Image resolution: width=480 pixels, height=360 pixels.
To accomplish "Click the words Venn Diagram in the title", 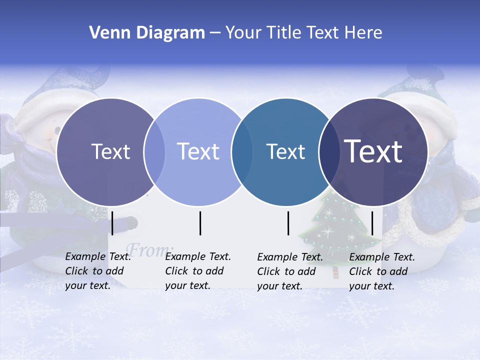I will tap(147, 33).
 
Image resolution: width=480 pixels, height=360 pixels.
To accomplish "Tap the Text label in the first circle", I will tap(111, 151).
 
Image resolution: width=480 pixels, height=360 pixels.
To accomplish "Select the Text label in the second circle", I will tap(198, 151).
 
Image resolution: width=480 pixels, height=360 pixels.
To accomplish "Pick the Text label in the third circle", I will tap(286, 151).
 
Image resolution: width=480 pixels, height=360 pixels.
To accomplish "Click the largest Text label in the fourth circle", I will tap(373, 151).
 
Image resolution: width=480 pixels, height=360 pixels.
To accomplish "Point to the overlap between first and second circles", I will tap(154, 152).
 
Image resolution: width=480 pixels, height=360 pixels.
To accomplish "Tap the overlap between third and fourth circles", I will tap(328, 152).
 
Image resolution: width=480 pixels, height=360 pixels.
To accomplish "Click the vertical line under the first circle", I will tap(112, 223).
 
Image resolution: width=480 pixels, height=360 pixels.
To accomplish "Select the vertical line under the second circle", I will tap(200, 223).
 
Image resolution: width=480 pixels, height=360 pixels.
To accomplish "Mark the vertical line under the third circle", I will tap(288, 223).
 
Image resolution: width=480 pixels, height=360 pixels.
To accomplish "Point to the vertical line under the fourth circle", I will tap(372, 223).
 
